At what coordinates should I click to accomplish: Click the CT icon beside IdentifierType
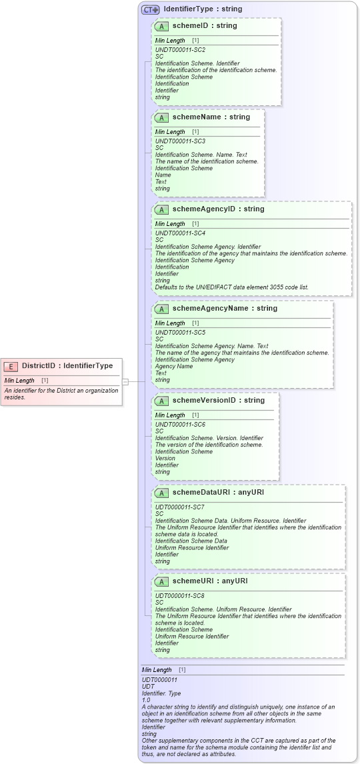click(x=150, y=9)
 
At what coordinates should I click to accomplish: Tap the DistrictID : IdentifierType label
click(x=67, y=365)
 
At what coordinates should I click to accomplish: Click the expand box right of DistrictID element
click(x=125, y=381)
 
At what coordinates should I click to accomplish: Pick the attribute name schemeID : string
click(x=204, y=26)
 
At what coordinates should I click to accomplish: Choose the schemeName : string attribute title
click(x=211, y=117)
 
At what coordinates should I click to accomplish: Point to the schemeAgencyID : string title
click(x=218, y=209)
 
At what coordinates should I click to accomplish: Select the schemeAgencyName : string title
click(x=225, y=309)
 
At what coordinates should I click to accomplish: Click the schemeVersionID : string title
click(x=218, y=401)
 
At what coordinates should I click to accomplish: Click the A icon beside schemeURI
click(x=161, y=581)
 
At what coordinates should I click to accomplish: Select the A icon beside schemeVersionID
click(x=161, y=401)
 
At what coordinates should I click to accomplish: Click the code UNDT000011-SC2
click(x=180, y=50)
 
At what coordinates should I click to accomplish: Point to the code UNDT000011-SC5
click(x=180, y=333)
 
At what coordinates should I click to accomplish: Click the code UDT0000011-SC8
click(x=180, y=595)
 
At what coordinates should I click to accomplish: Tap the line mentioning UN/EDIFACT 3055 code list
click(x=231, y=287)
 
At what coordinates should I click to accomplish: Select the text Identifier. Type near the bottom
click(x=162, y=693)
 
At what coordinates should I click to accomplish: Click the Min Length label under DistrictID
click(x=19, y=380)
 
